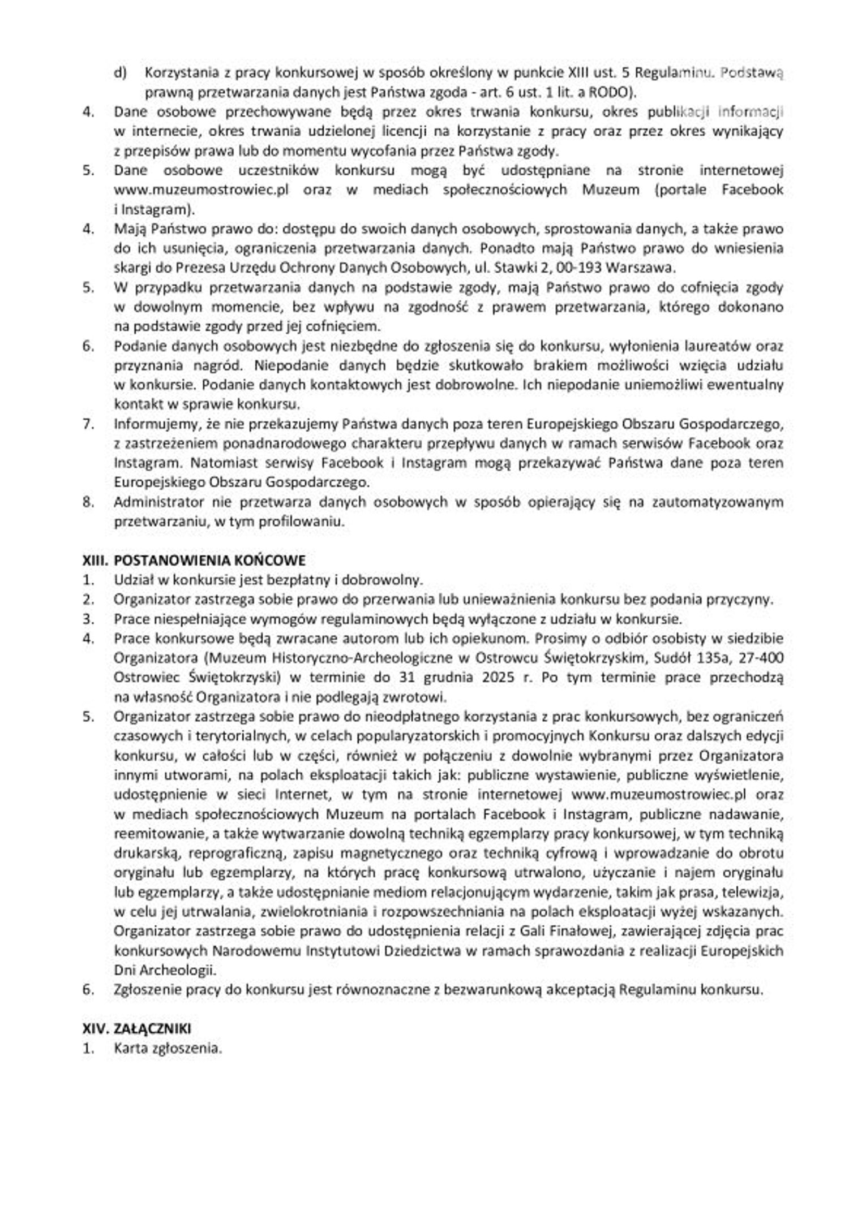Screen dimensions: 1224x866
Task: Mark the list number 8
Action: pos(88,502)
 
